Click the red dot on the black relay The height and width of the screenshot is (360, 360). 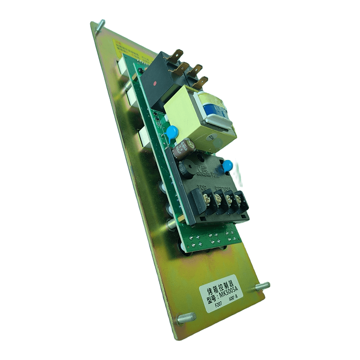[155, 84]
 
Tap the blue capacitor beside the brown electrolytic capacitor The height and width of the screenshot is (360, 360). [172, 132]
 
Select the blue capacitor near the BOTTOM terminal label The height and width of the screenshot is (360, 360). [228, 166]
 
